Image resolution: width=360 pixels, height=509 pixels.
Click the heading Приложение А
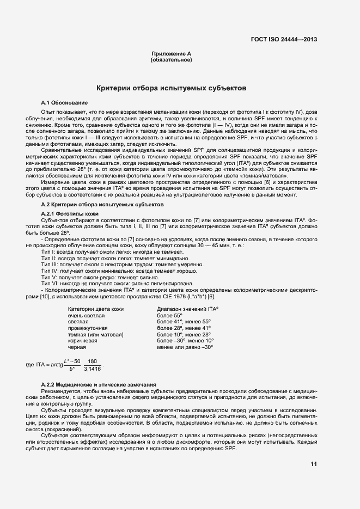[171, 53]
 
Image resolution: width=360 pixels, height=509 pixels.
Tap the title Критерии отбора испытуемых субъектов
[171, 87]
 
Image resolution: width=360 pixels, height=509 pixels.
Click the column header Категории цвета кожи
[95, 309]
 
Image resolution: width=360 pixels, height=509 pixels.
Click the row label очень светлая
[86, 315]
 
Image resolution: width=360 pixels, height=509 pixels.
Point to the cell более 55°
[169, 315]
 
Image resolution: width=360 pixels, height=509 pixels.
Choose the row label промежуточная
[88, 328]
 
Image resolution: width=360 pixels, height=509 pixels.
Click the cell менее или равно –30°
[185, 346]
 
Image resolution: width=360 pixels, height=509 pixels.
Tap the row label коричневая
[83, 340]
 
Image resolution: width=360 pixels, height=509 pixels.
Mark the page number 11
[314, 464]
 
